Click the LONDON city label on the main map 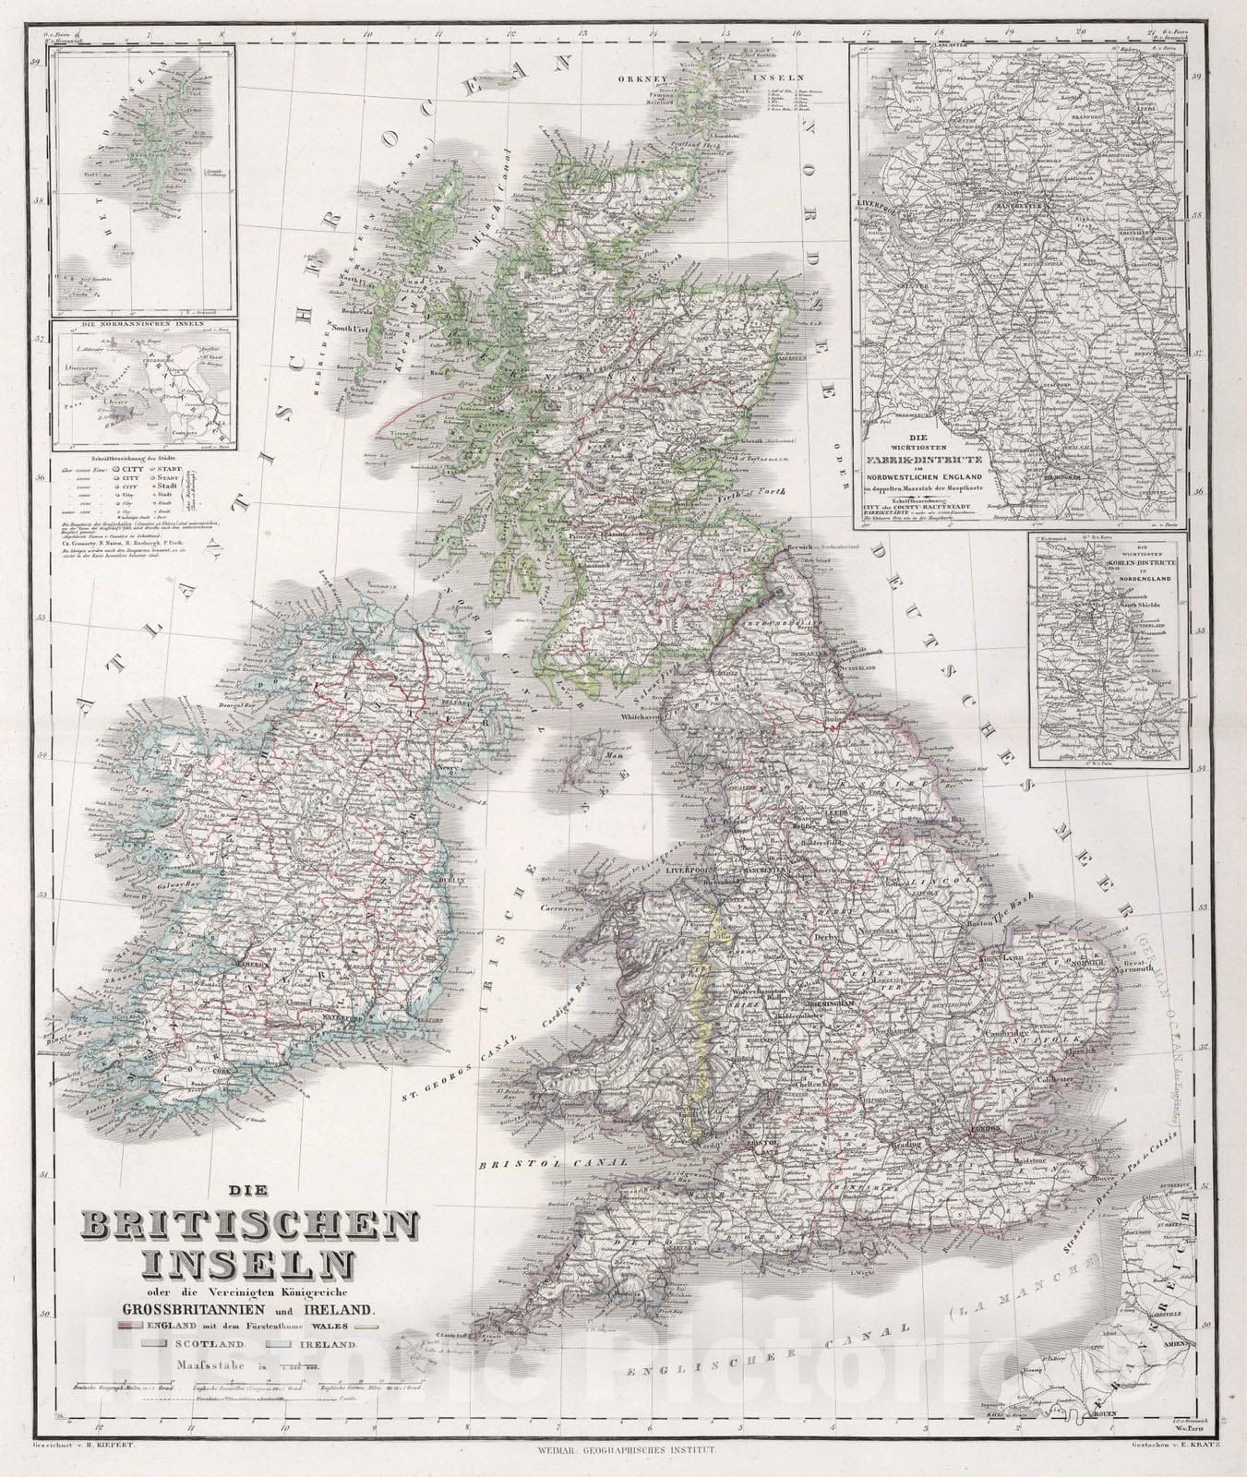click(980, 1129)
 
